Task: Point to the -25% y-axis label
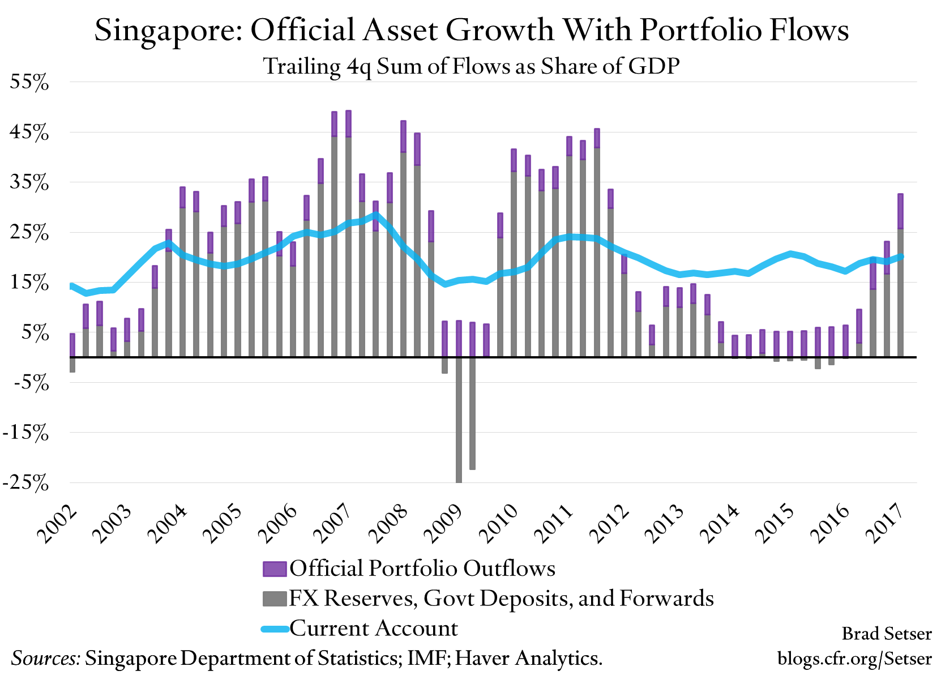point(25,483)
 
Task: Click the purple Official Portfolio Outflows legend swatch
point(275,569)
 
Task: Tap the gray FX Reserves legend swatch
point(275,599)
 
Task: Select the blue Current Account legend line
point(275,629)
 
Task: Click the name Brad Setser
point(886,633)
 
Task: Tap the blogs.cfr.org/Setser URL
point(854,659)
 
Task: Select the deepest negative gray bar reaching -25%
point(459,419)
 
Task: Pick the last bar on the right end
point(900,277)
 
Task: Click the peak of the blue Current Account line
point(375,215)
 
